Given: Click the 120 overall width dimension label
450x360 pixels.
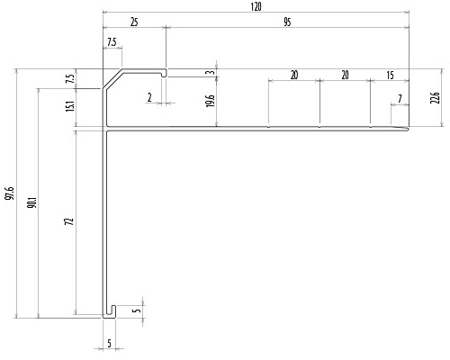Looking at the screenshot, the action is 256,6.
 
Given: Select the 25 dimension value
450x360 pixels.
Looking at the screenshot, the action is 134,22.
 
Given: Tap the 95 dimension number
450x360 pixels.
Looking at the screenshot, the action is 287,22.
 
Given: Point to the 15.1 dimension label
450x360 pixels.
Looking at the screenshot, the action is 70,106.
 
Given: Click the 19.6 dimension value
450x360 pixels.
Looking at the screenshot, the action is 211,101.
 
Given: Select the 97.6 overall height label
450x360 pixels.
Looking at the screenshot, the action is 11,193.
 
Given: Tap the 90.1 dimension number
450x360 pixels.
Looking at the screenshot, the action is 32,202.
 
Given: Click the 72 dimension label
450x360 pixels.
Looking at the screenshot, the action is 69,221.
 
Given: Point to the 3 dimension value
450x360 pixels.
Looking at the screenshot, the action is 211,72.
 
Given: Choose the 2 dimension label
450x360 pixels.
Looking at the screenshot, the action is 149,97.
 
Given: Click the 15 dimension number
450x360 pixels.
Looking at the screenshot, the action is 390,75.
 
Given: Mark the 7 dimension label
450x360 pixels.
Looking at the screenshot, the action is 400,98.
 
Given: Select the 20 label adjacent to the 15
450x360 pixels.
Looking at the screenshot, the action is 345,75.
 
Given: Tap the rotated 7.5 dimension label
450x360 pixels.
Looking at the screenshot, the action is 70,79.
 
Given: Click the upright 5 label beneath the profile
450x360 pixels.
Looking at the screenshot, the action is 109,343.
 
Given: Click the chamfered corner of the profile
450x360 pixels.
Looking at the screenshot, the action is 112,78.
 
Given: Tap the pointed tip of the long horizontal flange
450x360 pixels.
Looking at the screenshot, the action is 409,129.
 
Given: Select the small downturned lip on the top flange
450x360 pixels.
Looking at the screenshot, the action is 164,74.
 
